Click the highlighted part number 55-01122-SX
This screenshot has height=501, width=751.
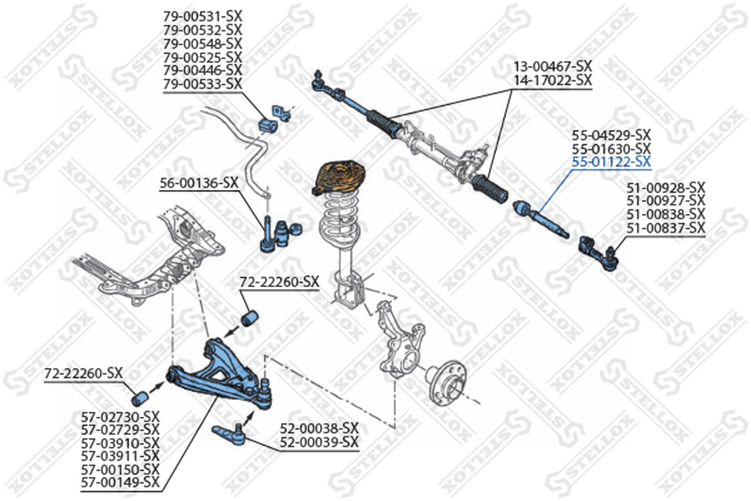[x=611, y=161]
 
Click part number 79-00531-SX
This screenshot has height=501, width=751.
[x=203, y=16]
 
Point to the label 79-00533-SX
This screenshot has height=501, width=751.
[x=203, y=83]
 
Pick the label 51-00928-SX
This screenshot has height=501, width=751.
[x=666, y=186]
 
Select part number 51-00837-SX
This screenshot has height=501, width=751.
[x=666, y=227]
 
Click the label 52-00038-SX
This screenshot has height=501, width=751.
[x=319, y=429]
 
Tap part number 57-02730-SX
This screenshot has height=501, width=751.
[x=120, y=415]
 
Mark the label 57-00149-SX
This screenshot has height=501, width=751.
[x=120, y=481]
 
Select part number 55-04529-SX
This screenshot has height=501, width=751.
[x=611, y=134]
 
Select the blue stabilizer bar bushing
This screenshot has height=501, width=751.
[x=267, y=123]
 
